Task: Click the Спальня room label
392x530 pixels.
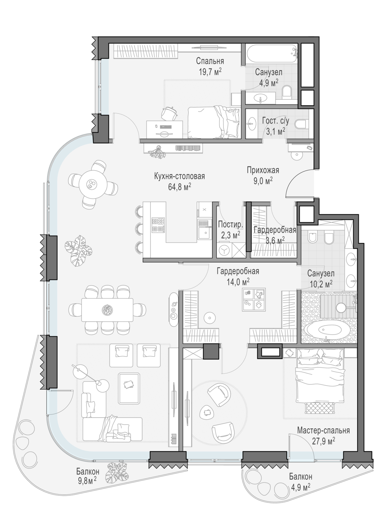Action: [x=210, y=61]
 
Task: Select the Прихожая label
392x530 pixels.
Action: [x=263, y=170]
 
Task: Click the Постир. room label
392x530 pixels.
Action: [x=231, y=225]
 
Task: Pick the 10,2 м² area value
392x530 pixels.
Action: [x=321, y=284]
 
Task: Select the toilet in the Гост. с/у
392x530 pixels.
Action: [x=301, y=124]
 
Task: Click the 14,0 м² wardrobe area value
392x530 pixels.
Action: [x=238, y=282]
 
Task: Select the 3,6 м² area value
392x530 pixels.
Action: [x=275, y=240]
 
